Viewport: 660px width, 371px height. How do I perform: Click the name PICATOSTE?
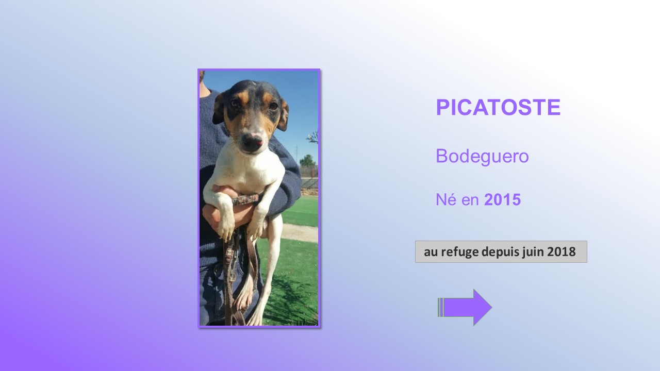pyautogui.click(x=498, y=107)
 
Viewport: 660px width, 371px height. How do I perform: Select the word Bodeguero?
pyautogui.click(x=482, y=156)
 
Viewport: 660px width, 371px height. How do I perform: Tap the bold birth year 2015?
pyautogui.click(x=502, y=200)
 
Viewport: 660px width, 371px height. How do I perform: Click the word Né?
pyautogui.click(x=445, y=199)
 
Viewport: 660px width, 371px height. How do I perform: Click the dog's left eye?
pyautogui.click(x=273, y=106)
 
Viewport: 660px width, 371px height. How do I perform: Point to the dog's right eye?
pyautogui.click(x=236, y=103)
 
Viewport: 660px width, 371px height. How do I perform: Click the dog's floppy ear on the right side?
pyautogui.click(x=283, y=115)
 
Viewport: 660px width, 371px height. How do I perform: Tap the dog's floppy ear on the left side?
pyautogui.click(x=218, y=108)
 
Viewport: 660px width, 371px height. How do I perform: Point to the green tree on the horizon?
pyautogui.click(x=307, y=160)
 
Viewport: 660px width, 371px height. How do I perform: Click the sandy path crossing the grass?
pyautogui.click(x=300, y=232)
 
